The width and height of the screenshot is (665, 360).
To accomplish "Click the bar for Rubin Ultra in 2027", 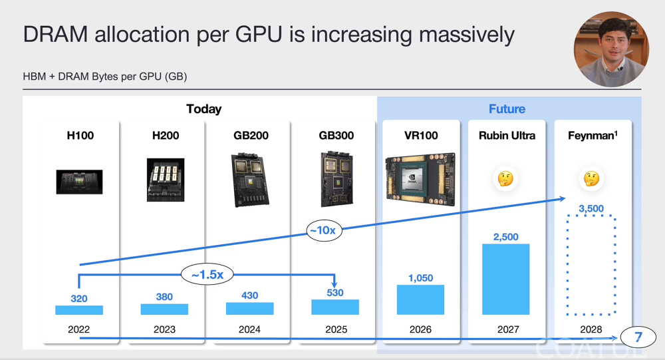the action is pyautogui.click(x=505, y=279).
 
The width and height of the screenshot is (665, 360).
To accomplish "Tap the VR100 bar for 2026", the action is pyautogui.click(x=420, y=299).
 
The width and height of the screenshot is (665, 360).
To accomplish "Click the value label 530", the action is pyautogui.click(x=335, y=293).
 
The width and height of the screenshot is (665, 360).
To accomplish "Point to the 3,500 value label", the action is pyautogui.click(x=591, y=208).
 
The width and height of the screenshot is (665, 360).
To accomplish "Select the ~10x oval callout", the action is pyautogui.click(x=324, y=230).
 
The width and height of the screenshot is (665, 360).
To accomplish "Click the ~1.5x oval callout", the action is pyautogui.click(x=207, y=275).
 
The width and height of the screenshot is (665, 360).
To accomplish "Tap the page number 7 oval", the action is pyautogui.click(x=638, y=337).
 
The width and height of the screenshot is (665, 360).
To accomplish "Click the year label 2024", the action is pyautogui.click(x=249, y=329).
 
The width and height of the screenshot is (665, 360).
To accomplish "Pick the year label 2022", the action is pyautogui.click(x=79, y=329).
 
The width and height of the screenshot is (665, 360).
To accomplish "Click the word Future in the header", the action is pyautogui.click(x=507, y=109).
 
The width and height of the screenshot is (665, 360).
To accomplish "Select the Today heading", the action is pyautogui.click(x=204, y=109).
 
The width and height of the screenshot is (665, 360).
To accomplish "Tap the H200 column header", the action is pyautogui.click(x=166, y=136).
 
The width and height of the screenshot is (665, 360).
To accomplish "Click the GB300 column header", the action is pyautogui.click(x=336, y=136).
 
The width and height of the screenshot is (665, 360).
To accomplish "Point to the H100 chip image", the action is pyautogui.click(x=79, y=182).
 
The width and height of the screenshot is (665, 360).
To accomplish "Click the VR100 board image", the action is pyautogui.click(x=420, y=180).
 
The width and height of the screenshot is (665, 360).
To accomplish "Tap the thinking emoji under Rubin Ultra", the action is pyautogui.click(x=505, y=178).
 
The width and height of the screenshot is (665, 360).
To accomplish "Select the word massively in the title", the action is pyautogui.click(x=467, y=35).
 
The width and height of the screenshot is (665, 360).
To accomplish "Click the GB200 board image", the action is pyautogui.click(x=249, y=180).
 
